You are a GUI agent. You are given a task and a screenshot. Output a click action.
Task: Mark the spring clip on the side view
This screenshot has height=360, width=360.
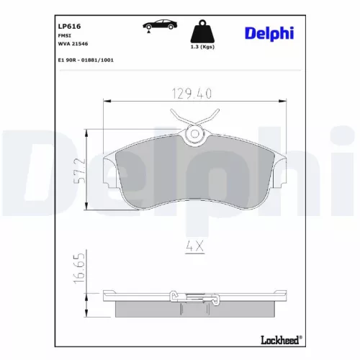[x=175, y=296]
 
